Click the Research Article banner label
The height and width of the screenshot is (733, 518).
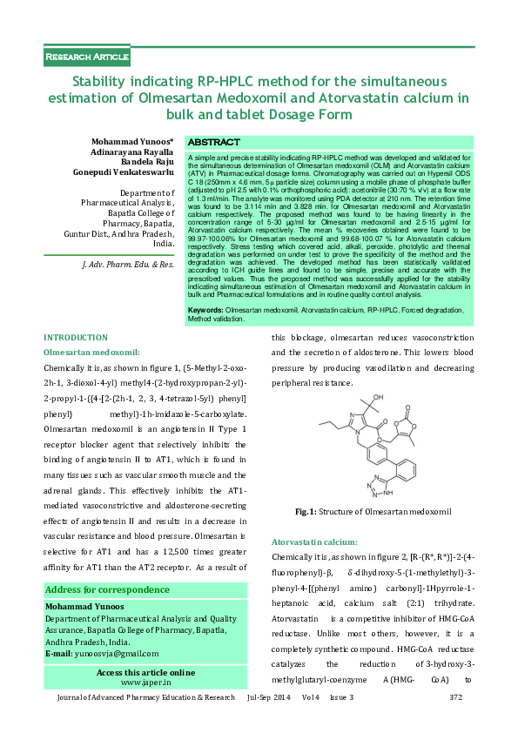pos(87,57)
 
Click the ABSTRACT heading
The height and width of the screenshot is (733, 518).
pos(214,142)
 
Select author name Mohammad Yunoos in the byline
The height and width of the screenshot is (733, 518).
pos(131,140)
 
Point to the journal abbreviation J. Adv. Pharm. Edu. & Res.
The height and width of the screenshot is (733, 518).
pos(128,263)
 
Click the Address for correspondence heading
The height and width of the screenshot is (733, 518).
pos(108,589)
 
